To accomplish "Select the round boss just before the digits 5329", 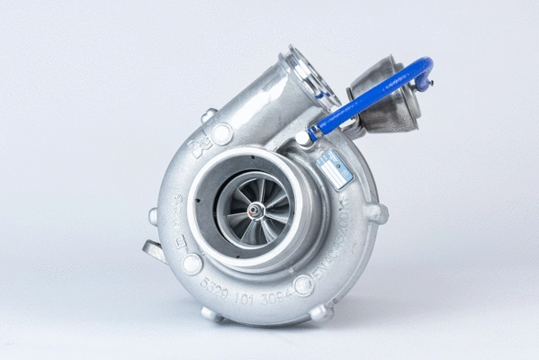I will coord(192,264).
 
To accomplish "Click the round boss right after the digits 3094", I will coord(303,285).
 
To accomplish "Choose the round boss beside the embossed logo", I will coord(221,132).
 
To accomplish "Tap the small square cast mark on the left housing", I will coord(179,241).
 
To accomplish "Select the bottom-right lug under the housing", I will coord(319,312).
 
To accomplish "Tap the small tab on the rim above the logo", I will coord(208,115).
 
